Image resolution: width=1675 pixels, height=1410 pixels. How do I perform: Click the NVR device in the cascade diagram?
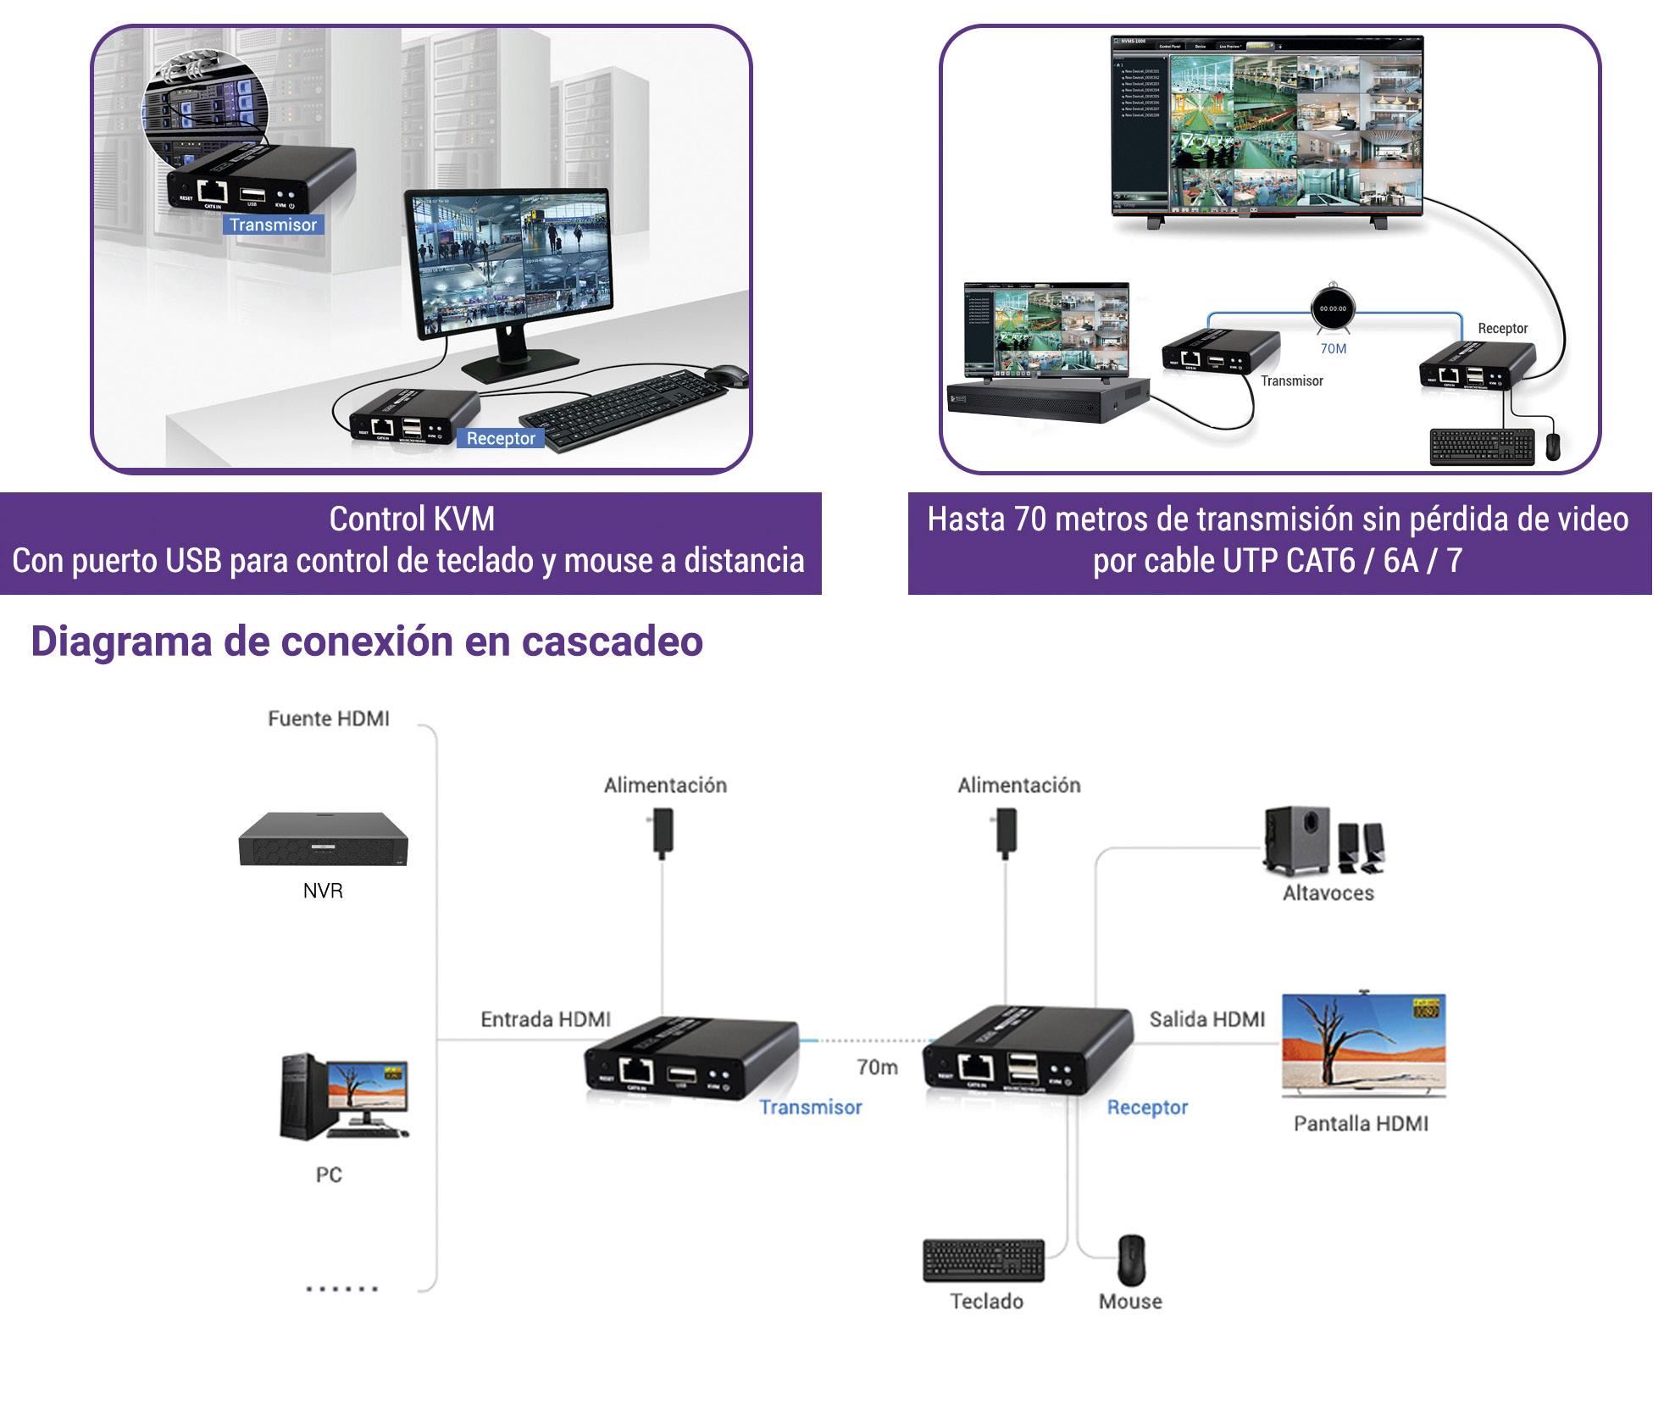point(323,839)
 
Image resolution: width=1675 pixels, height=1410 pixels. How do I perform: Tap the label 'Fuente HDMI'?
point(329,719)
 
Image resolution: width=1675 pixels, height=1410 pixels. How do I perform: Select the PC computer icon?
point(344,1096)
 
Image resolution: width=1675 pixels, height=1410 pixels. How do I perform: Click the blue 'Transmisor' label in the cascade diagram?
point(810,1107)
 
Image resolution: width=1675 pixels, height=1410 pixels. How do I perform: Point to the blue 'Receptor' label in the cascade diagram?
point(1147,1107)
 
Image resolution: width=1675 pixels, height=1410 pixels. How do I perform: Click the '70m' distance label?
point(877,1067)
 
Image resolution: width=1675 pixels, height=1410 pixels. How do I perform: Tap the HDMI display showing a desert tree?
point(1363,1045)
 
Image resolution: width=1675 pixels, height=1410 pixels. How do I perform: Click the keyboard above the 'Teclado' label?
point(983,1260)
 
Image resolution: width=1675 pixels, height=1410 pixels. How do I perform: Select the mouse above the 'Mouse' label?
point(1131,1259)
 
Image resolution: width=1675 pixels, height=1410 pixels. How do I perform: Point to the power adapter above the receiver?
point(1006,831)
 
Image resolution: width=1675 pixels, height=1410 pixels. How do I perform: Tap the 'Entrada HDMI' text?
point(546,1019)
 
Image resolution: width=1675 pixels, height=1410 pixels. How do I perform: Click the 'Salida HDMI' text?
point(1206,1019)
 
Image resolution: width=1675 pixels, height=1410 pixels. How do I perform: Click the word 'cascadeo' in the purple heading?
point(612,641)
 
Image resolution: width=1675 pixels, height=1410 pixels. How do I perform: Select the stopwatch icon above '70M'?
point(1333,308)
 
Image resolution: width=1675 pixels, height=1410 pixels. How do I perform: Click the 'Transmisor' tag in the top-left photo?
point(273,225)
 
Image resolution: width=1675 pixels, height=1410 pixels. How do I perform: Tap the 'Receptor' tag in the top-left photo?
point(501,438)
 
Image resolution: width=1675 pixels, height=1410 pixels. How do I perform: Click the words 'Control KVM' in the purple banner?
point(412,519)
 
